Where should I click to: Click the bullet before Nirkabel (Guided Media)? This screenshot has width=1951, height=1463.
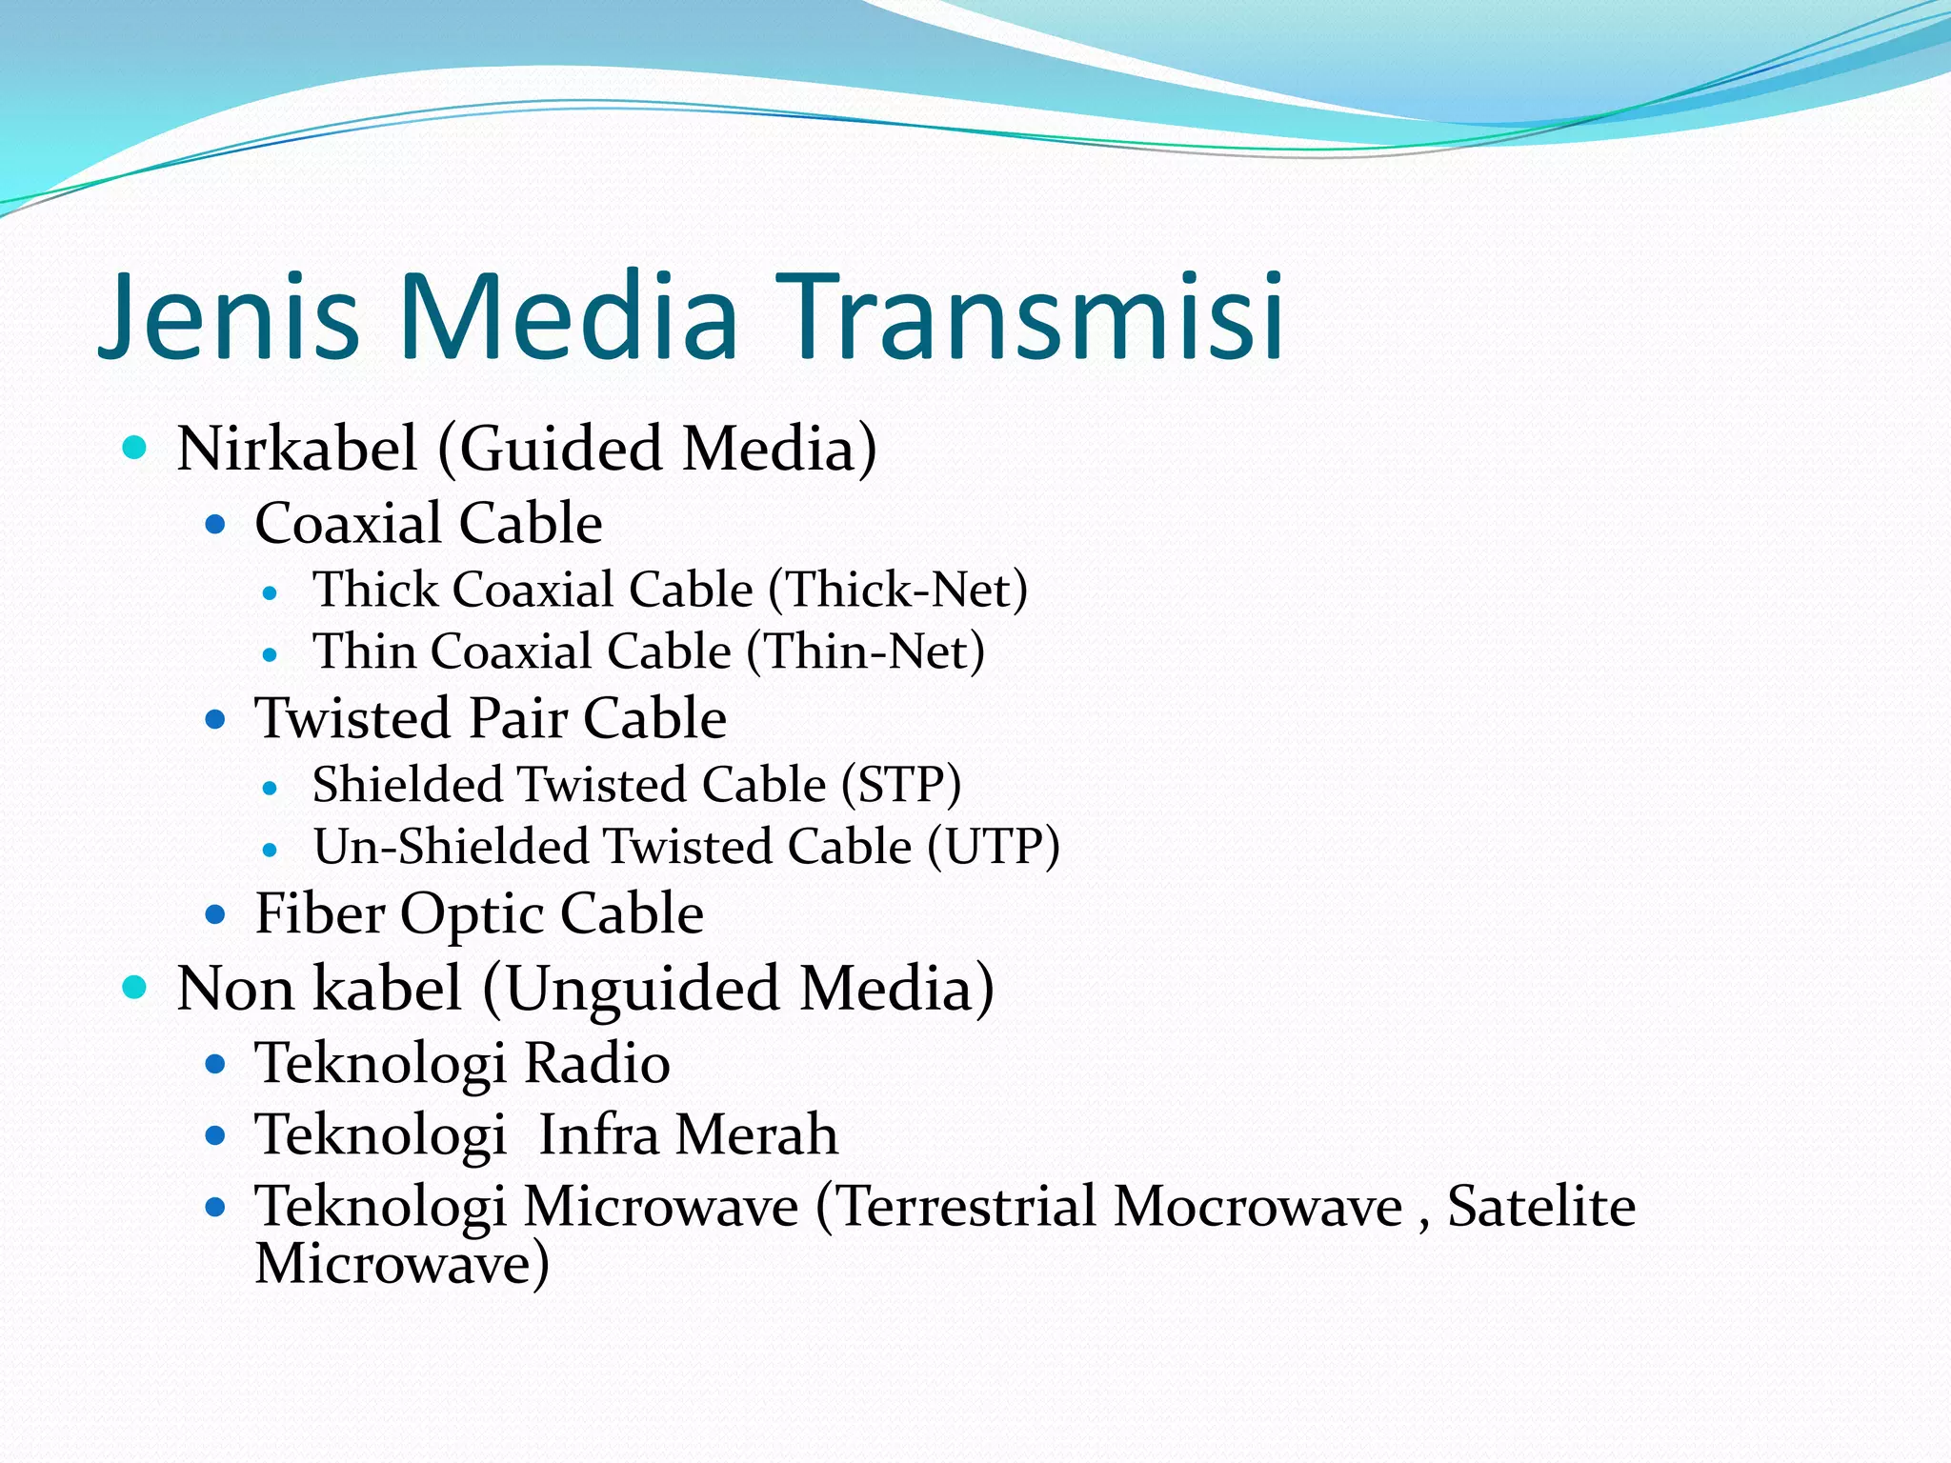135,448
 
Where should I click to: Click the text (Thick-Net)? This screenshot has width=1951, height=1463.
898,590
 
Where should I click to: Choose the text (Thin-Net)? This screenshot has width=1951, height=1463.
866,652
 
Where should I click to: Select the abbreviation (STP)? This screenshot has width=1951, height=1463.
901,785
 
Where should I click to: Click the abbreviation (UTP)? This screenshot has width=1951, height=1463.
994,847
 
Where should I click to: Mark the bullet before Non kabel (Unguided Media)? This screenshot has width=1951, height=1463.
135,988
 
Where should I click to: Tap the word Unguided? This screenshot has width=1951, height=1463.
644,989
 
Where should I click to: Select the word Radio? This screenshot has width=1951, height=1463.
597,1063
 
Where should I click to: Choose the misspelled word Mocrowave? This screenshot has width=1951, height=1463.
1257,1207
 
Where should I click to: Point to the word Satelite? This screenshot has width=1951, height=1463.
1541,1206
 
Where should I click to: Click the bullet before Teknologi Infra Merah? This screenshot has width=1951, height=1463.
215,1135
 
